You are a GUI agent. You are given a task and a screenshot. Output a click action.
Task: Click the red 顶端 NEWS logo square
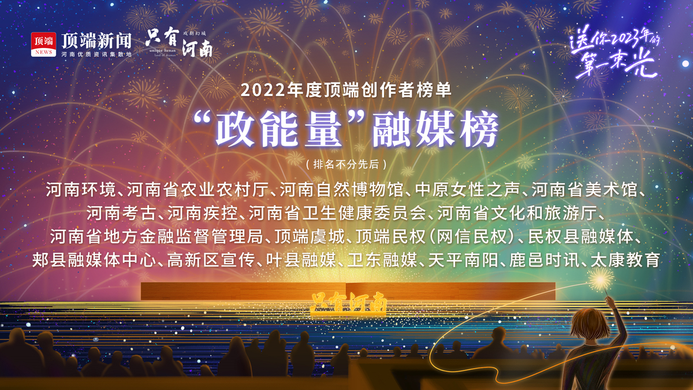[x=43, y=44]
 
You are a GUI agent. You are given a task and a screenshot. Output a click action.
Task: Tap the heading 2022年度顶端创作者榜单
[x=346, y=90]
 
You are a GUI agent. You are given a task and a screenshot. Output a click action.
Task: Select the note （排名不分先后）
[x=346, y=164]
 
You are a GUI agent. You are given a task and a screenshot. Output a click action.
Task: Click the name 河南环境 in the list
[x=81, y=190]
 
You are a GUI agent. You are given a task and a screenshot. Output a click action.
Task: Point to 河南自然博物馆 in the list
[x=341, y=190]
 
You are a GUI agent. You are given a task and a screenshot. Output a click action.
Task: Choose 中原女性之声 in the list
[x=467, y=190]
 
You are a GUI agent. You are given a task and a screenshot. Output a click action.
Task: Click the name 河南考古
[x=121, y=213]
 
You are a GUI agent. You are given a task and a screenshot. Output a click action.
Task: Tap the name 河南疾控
[x=202, y=213]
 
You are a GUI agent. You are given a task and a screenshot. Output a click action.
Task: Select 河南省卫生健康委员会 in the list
[x=337, y=213]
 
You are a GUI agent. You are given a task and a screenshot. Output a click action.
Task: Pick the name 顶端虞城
[x=310, y=237]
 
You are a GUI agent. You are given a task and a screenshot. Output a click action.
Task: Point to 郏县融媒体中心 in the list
[x=94, y=260]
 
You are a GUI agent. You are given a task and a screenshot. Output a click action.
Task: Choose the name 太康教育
[x=625, y=260]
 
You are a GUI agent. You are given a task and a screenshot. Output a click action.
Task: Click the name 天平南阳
[x=463, y=260]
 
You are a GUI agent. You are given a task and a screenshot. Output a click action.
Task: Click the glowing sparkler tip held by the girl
[x=600, y=280]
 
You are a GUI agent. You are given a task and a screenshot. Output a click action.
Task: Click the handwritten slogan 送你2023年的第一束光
[x=614, y=53]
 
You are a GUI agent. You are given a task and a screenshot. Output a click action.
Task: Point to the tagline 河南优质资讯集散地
[x=96, y=54]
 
